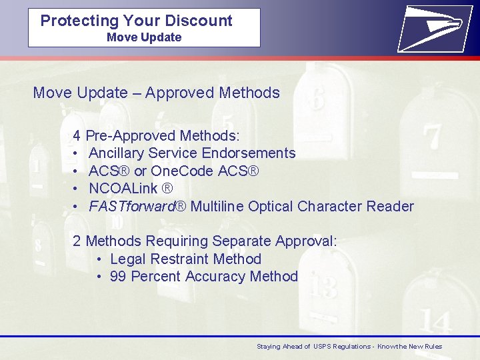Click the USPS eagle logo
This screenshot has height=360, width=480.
tap(430, 27)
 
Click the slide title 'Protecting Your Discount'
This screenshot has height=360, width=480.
tap(136, 21)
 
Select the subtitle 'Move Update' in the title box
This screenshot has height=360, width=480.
tap(144, 37)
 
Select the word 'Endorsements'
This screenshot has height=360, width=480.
tap(249, 153)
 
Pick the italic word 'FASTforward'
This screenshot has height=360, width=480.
tap(131, 207)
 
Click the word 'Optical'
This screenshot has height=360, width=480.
tap(271, 207)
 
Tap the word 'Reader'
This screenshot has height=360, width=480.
tap(390, 207)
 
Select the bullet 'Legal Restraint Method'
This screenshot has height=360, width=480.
tap(185, 259)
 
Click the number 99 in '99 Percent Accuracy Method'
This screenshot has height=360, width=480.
tap(118, 277)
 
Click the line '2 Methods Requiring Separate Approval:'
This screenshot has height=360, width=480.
tap(205, 241)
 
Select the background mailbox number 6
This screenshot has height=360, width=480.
tap(315, 98)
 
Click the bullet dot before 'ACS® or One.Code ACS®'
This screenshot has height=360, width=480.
tap(77, 171)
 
